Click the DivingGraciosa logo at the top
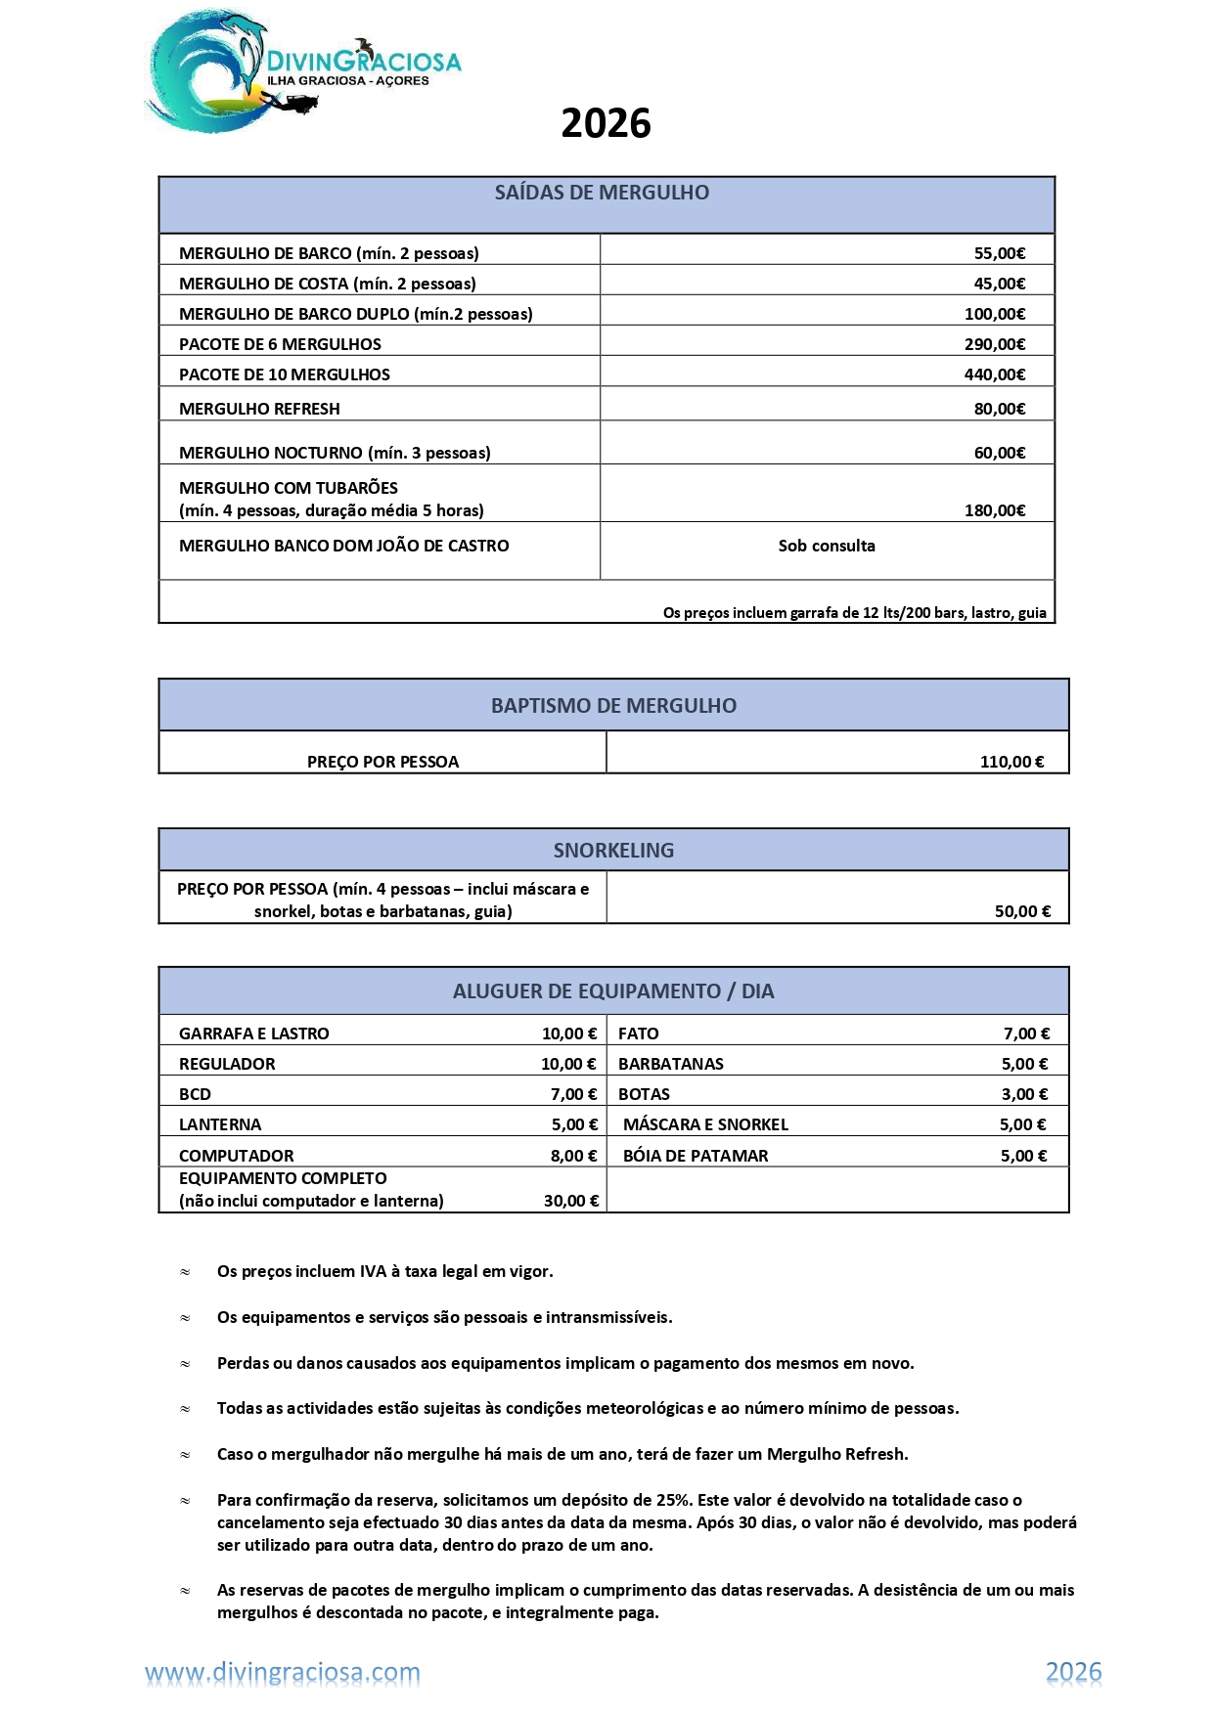coord(301,71)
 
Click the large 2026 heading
coord(606,124)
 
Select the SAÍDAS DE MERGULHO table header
coord(602,193)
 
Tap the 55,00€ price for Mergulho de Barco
coord(999,253)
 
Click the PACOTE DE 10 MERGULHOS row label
coord(285,374)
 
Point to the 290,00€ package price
coord(994,344)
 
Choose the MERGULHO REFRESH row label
coord(259,409)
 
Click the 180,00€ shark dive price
coord(994,510)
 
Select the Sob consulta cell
coord(827,546)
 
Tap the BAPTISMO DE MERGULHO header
coord(613,706)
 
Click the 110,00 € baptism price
coord(1011,762)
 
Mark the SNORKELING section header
coord(613,851)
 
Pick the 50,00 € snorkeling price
coord(1022,911)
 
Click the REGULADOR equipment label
coord(227,1064)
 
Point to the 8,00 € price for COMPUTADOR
coord(573,1156)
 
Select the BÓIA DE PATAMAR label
coord(696,1156)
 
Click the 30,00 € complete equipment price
coord(571,1201)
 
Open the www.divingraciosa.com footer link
coord(283,1673)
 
